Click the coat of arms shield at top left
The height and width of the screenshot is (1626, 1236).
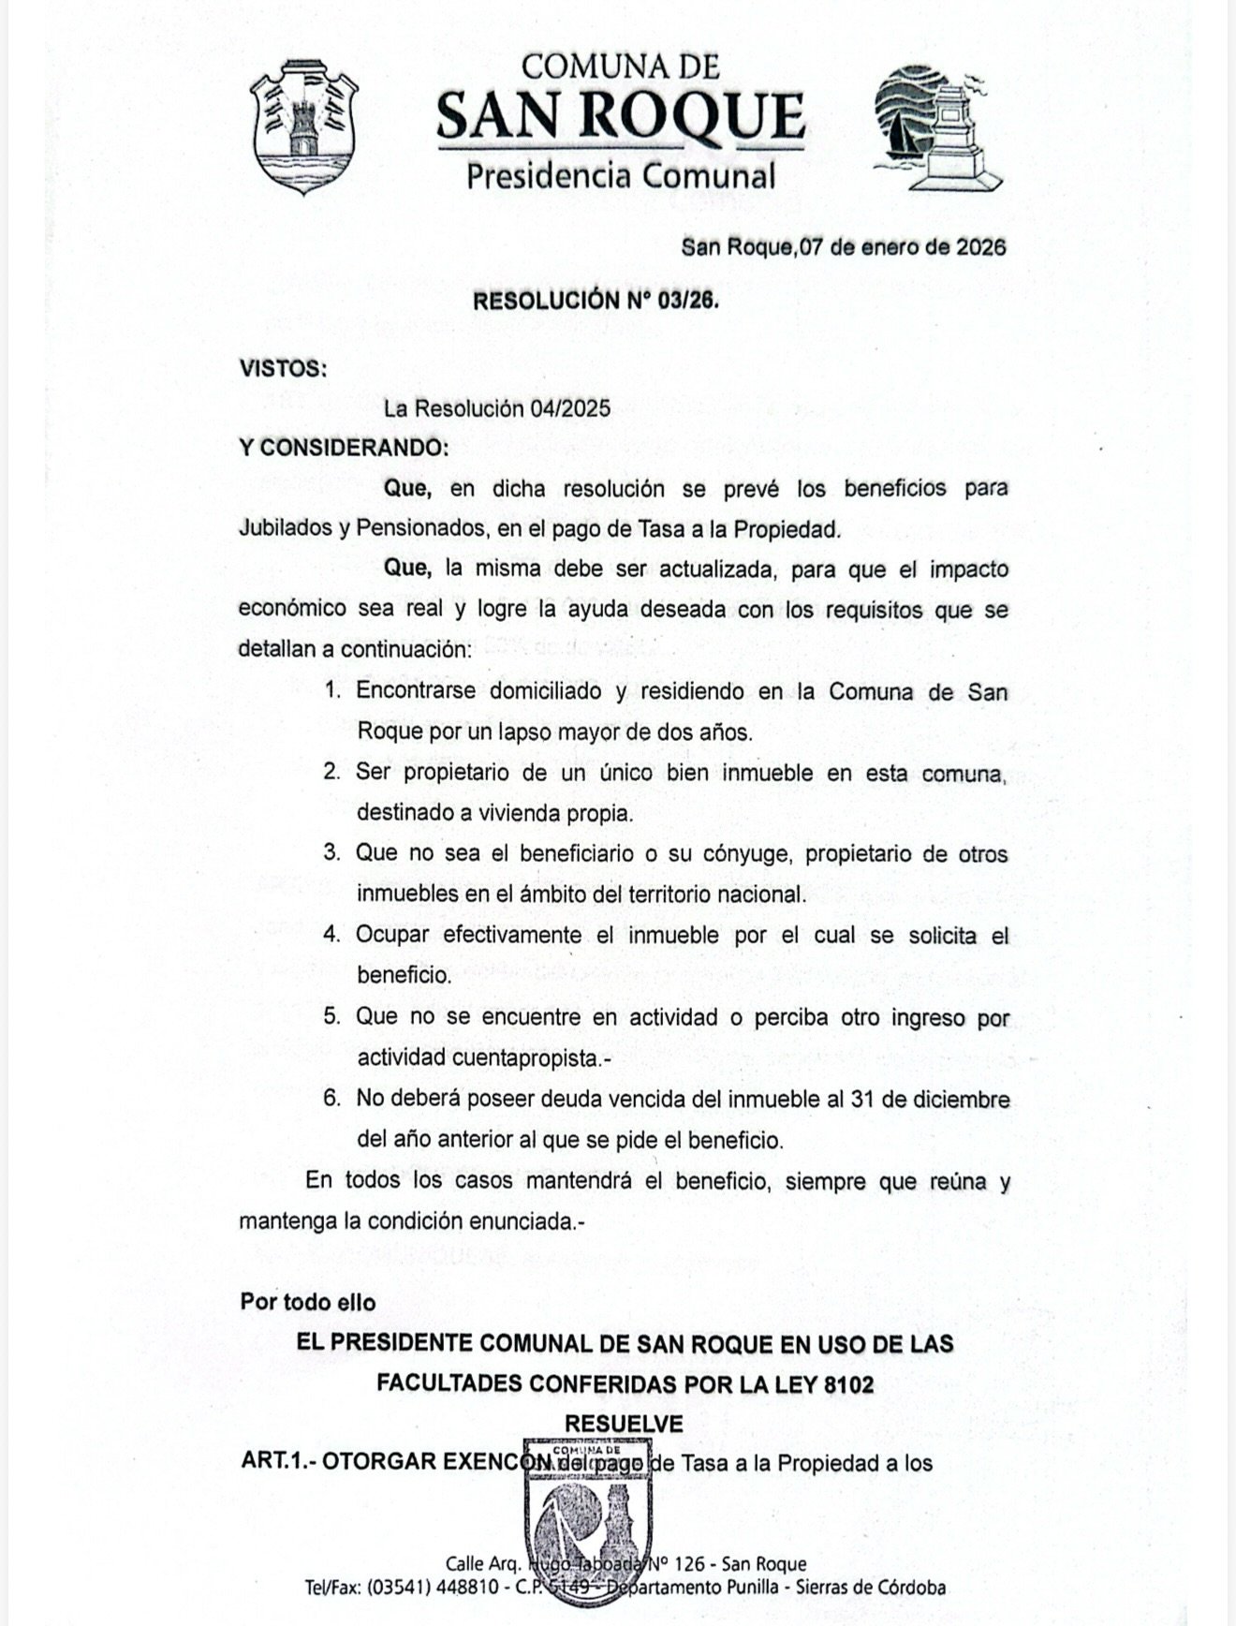click(x=305, y=126)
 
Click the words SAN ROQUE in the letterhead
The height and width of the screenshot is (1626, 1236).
click(x=620, y=116)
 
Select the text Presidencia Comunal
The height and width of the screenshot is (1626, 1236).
click(x=621, y=175)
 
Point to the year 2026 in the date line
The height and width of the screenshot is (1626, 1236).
click(x=980, y=247)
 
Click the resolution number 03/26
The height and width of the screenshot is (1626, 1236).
click(x=687, y=301)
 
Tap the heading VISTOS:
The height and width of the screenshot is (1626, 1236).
click(x=284, y=368)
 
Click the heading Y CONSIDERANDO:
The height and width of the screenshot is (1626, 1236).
click(x=344, y=448)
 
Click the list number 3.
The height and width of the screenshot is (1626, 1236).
click(x=331, y=853)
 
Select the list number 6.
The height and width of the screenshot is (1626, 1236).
click(x=331, y=1098)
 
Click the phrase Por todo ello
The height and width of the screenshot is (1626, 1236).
click(x=308, y=1302)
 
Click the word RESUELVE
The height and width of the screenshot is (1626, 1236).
click(x=624, y=1424)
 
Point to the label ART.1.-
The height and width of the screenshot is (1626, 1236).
click(x=277, y=1462)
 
